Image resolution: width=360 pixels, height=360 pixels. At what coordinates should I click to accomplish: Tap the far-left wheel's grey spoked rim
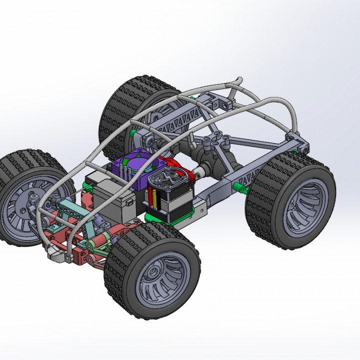tap(20, 210)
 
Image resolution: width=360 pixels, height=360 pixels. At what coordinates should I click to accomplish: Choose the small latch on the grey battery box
tap(129, 203)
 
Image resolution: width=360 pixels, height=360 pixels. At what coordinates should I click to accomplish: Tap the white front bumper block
tap(57, 255)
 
